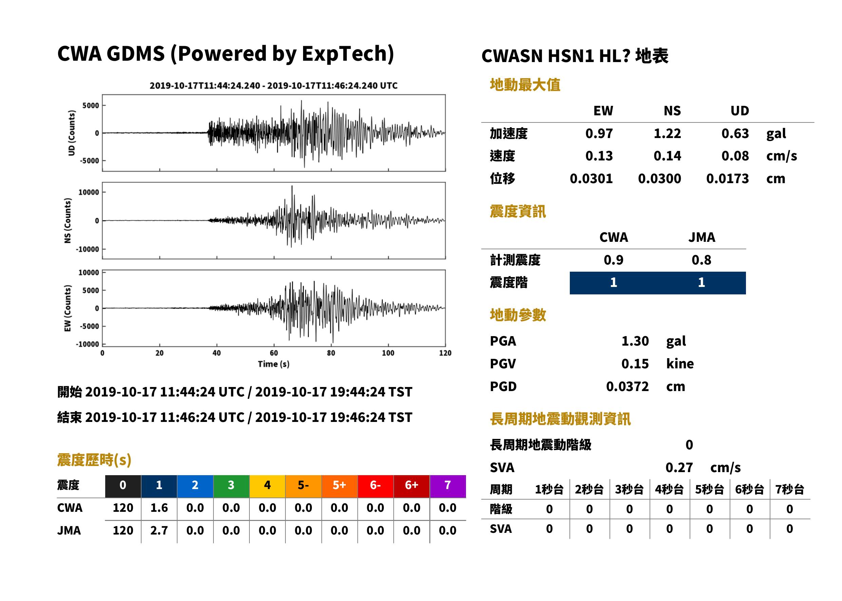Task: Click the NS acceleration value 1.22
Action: click(x=667, y=133)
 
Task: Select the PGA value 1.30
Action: click(x=635, y=341)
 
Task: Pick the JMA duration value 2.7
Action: click(x=159, y=530)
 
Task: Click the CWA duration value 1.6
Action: click(x=159, y=508)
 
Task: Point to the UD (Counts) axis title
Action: click(x=72, y=133)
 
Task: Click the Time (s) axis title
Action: click(x=274, y=364)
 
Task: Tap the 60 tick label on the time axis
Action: click(x=274, y=353)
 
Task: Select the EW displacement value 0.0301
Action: click(x=591, y=179)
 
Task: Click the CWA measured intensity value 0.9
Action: click(x=614, y=260)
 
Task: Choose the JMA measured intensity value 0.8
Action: click(x=701, y=260)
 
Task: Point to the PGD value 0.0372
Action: click(x=627, y=387)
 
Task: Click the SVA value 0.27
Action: click(x=679, y=468)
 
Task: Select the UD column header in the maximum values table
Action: click(x=740, y=111)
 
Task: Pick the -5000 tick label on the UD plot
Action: click(x=90, y=161)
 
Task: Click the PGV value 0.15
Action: click(x=635, y=364)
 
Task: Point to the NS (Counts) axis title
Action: click(x=68, y=220)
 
